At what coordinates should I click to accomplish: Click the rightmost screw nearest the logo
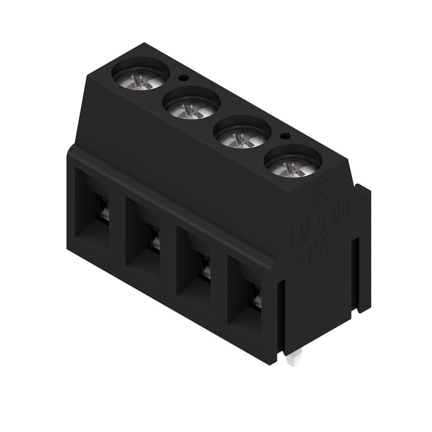[x=292, y=166]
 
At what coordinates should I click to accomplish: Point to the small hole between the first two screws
[x=183, y=78]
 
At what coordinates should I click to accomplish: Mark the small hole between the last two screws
[x=284, y=137]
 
